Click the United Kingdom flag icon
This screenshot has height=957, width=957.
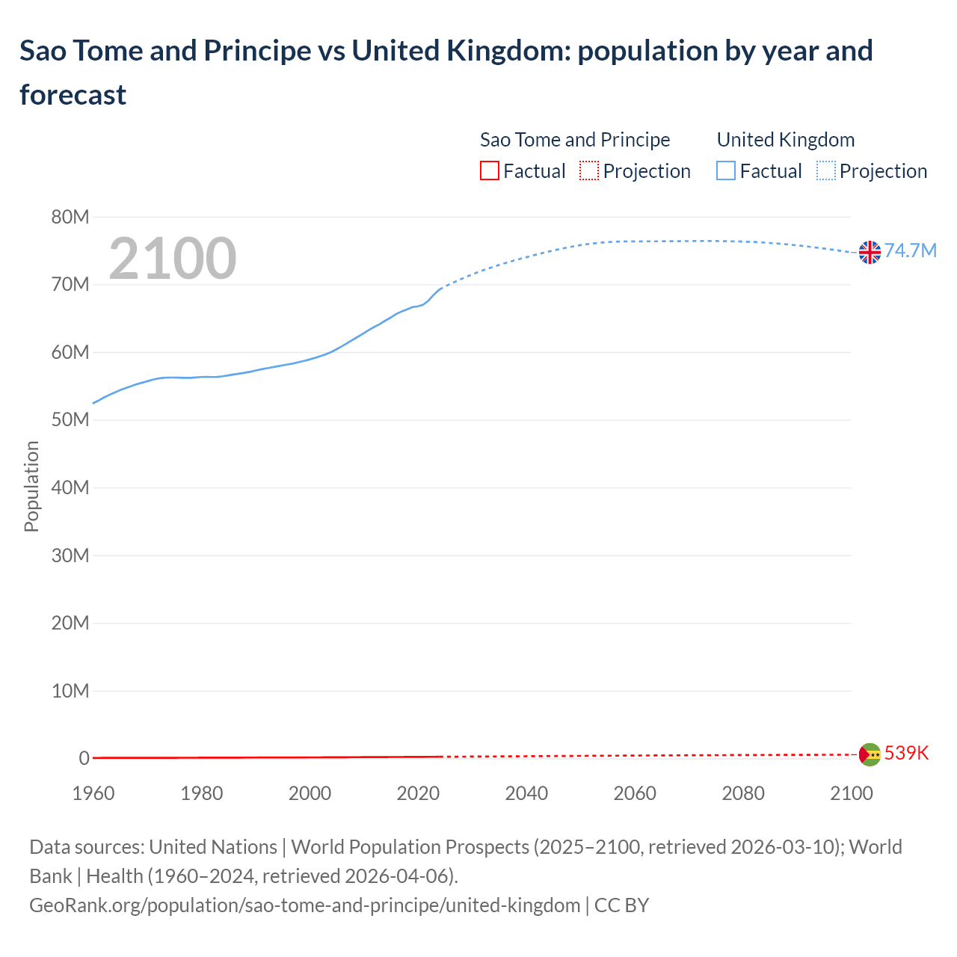(x=870, y=253)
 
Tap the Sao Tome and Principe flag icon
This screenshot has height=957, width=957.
(x=870, y=754)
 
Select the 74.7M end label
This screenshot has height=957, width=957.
(x=910, y=250)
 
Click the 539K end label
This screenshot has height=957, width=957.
(x=906, y=753)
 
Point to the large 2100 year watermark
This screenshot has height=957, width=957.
(x=173, y=259)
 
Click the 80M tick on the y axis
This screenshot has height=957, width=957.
(x=70, y=217)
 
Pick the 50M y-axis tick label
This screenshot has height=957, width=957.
(x=70, y=420)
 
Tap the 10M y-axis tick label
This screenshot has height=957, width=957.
(x=70, y=691)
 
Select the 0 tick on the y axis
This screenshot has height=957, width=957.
(x=84, y=758)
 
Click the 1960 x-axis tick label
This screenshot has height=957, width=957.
(x=93, y=793)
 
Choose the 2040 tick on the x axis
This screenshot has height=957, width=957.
(x=526, y=793)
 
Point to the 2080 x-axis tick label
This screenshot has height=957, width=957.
(x=743, y=793)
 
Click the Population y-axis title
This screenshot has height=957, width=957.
(x=31, y=486)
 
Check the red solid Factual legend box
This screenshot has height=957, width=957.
(x=489, y=171)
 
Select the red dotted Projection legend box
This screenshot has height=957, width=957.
(x=589, y=171)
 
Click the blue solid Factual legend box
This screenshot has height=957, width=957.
(x=726, y=171)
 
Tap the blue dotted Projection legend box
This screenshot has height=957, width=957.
(x=826, y=171)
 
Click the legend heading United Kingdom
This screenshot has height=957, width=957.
(x=785, y=140)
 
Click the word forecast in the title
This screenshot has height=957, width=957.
(x=73, y=95)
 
